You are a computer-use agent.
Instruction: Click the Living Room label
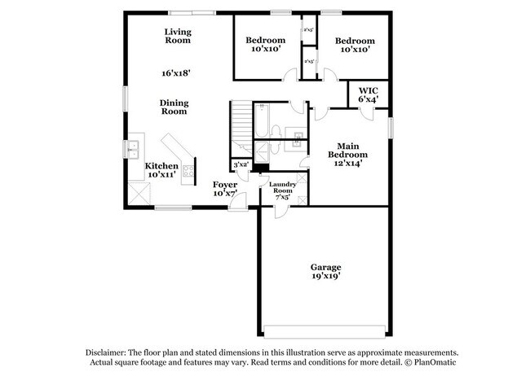[177, 35]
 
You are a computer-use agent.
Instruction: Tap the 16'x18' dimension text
[175, 73]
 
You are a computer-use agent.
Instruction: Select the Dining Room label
[174, 107]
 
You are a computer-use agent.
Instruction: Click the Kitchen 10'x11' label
[161, 169]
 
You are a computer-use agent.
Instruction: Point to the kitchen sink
[132, 149]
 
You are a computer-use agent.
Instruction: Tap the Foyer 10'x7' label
[225, 190]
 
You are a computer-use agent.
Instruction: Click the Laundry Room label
[283, 190]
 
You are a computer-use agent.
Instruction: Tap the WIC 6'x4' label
[368, 95]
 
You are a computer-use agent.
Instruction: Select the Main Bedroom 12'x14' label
[347, 154]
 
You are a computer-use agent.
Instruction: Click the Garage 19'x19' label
[325, 271]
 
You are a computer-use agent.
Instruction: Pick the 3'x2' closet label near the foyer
[241, 165]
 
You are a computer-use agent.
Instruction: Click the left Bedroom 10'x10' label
[265, 45]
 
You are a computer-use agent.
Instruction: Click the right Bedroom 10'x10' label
[355, 46]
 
